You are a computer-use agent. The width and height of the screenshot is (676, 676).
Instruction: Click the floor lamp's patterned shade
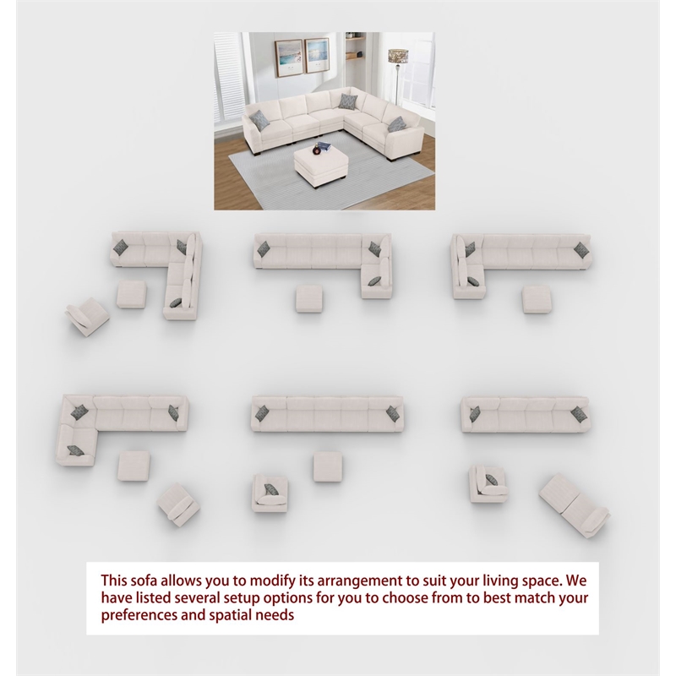point(398,56)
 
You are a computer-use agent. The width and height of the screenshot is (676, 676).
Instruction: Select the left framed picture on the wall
point(288,57)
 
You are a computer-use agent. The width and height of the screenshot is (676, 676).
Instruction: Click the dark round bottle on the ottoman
point(317,150)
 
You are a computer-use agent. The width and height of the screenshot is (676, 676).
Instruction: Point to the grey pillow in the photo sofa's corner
point(347,101)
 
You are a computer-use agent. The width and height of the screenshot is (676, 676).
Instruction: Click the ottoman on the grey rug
point(321,165)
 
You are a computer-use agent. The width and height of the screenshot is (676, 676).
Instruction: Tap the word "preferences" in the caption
point(139,615)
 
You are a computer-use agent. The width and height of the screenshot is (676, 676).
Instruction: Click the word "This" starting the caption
point(114,581)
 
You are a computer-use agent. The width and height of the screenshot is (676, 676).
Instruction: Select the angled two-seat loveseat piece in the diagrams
point(575,505)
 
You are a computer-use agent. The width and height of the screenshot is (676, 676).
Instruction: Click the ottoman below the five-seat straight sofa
point(328,466)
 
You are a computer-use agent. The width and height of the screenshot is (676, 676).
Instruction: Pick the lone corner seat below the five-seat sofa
point(270,493)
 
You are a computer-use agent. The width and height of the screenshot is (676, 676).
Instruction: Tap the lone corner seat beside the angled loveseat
point(488,483)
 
